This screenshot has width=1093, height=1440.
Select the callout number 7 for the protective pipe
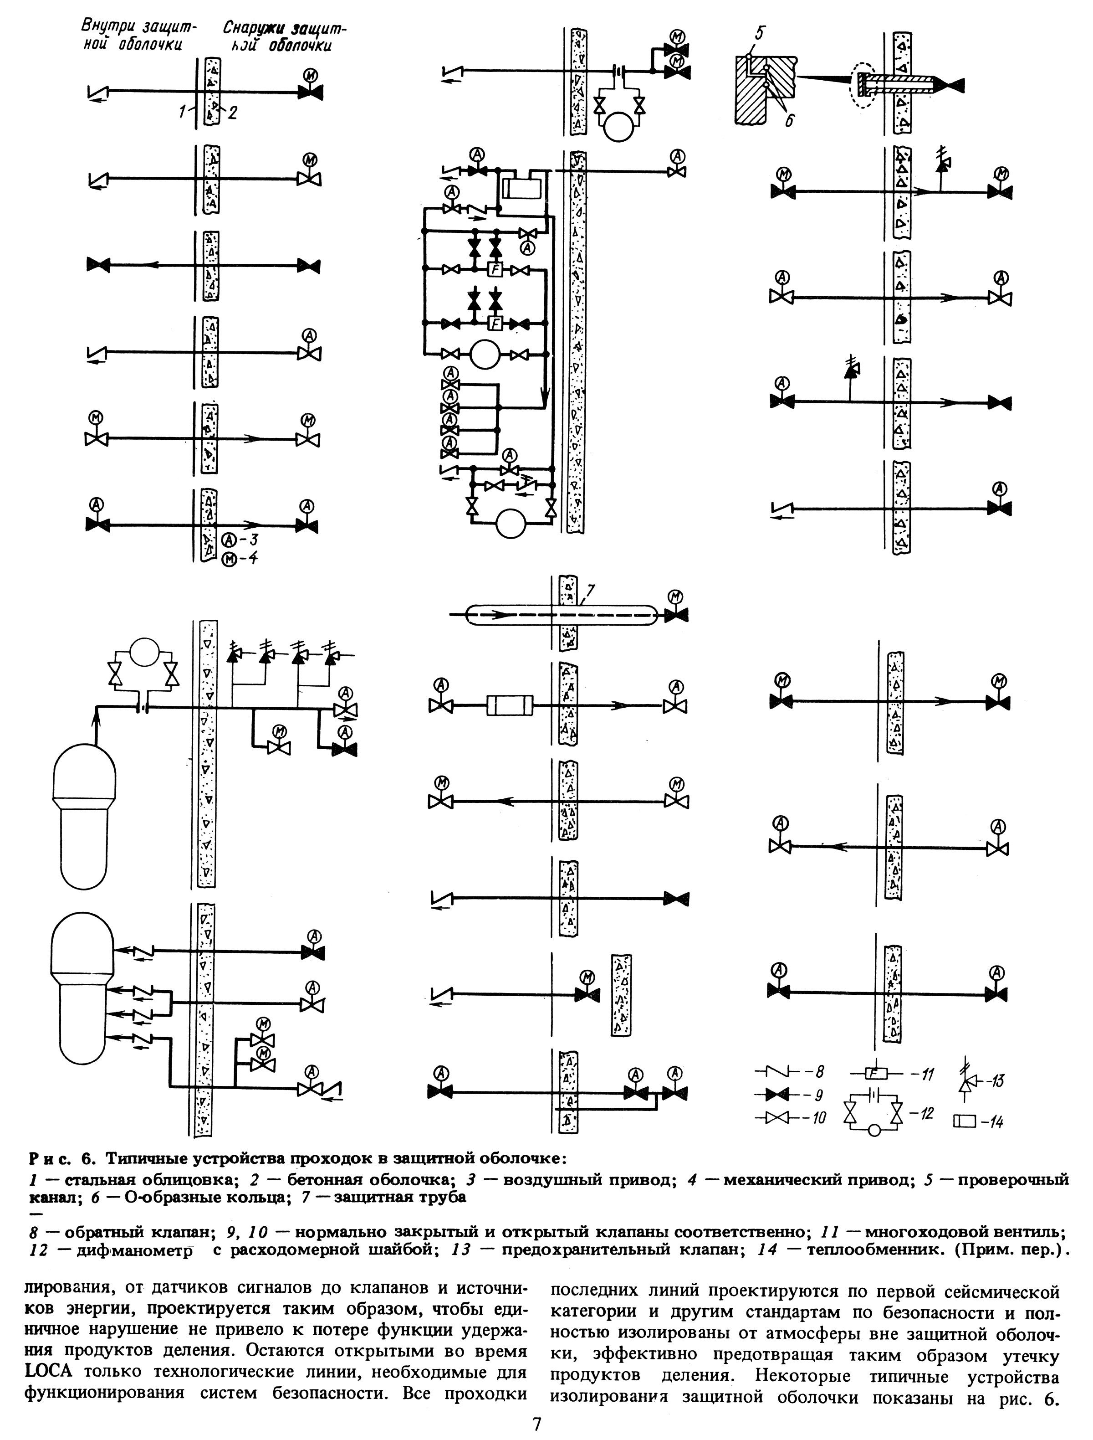pos(591,592)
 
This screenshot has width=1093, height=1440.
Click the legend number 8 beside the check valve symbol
pos(819,1070)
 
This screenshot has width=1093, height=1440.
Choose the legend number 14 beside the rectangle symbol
pos(995,1121)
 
